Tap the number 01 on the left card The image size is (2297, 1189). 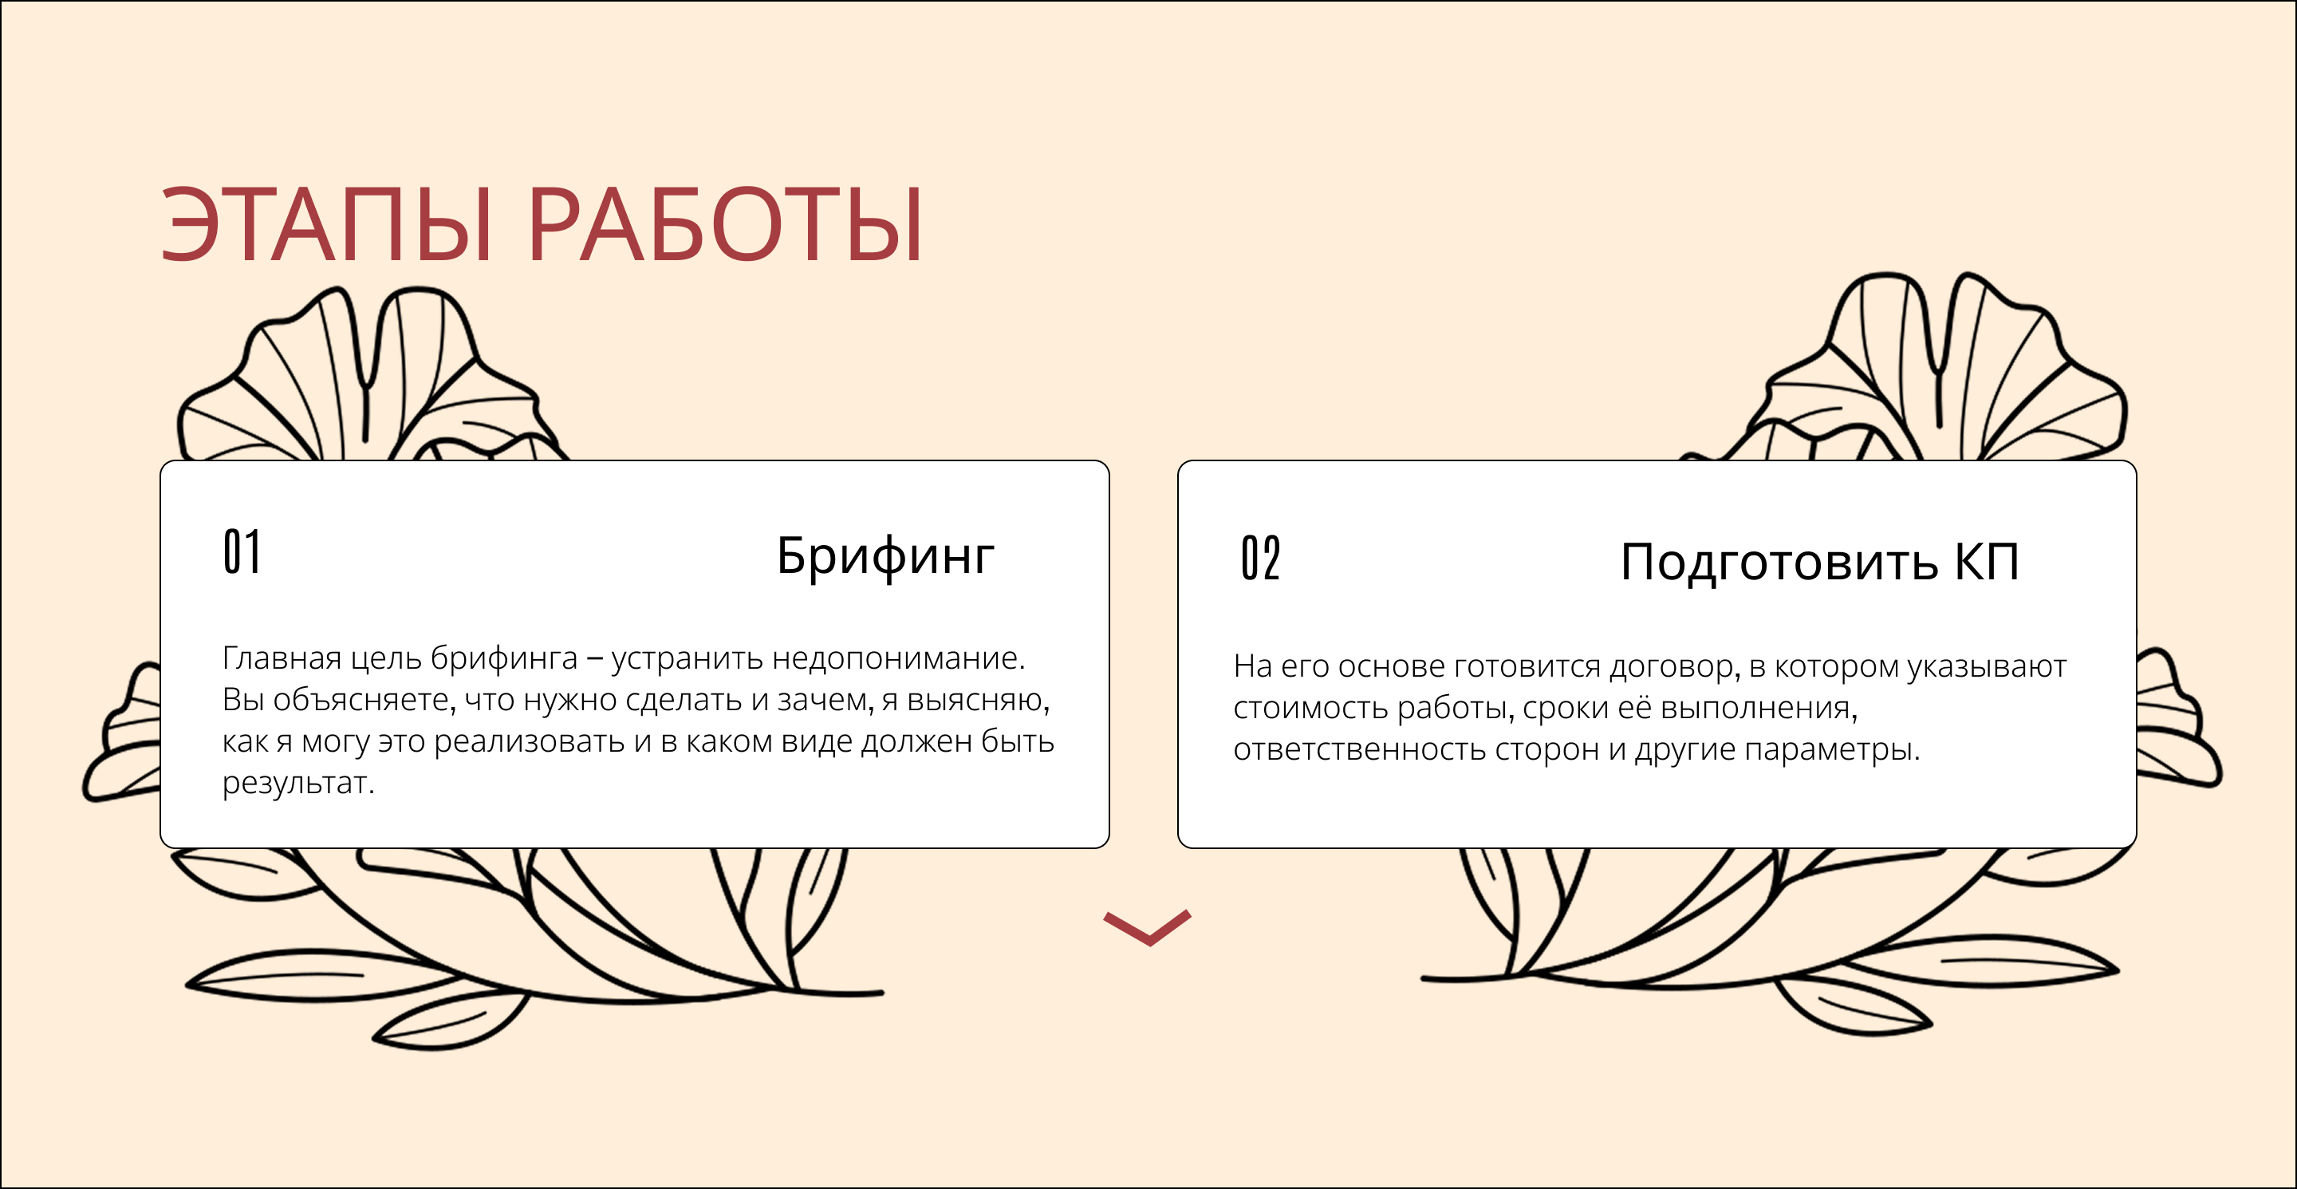(242, 552)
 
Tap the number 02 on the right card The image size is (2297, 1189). (1260, 559)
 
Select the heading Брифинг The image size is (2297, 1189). (885, 556)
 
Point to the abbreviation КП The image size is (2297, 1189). (1987, 562)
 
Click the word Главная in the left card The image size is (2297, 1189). (282, 658)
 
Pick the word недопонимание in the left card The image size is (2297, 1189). (897, 658)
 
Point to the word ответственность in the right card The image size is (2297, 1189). (1359, 750)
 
